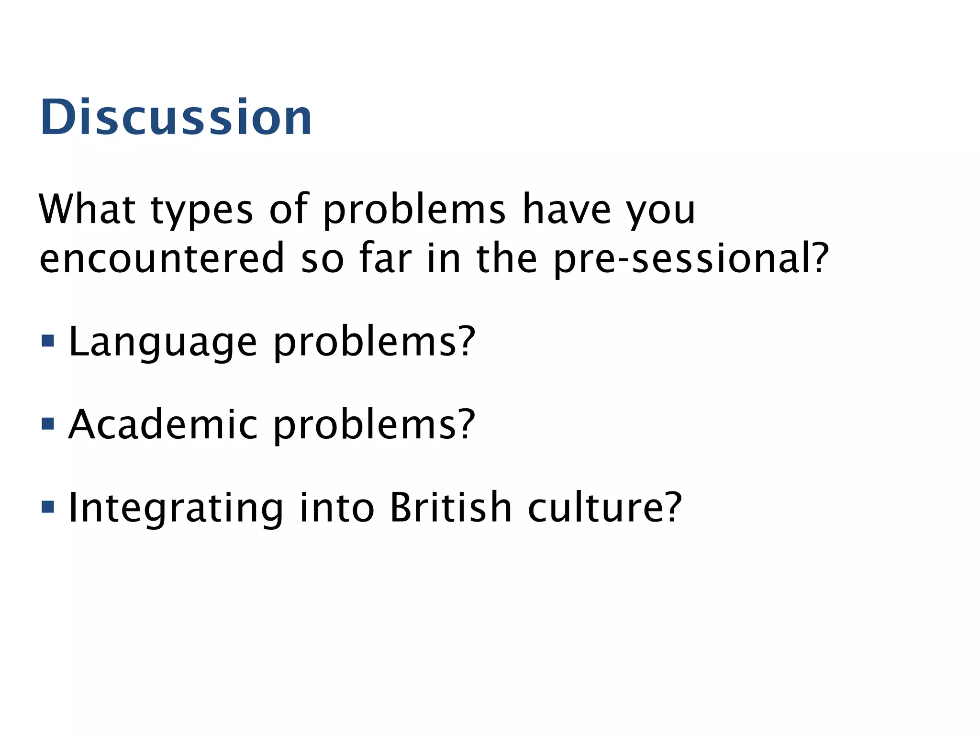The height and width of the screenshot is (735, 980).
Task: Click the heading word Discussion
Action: click(176, 117)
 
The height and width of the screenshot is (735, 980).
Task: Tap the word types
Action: click(201, 211)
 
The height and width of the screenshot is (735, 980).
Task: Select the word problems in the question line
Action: click(414, 211)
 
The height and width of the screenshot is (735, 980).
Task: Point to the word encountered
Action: click(162, 258)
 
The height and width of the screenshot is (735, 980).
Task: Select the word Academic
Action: click(163, 424)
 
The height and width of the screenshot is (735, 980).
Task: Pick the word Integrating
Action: click(176, 508)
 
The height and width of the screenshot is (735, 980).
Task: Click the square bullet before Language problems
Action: click(48, 341)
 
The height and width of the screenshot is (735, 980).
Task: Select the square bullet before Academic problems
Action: click(48, 423)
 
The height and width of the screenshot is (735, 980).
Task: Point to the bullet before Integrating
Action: click(48, 507)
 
